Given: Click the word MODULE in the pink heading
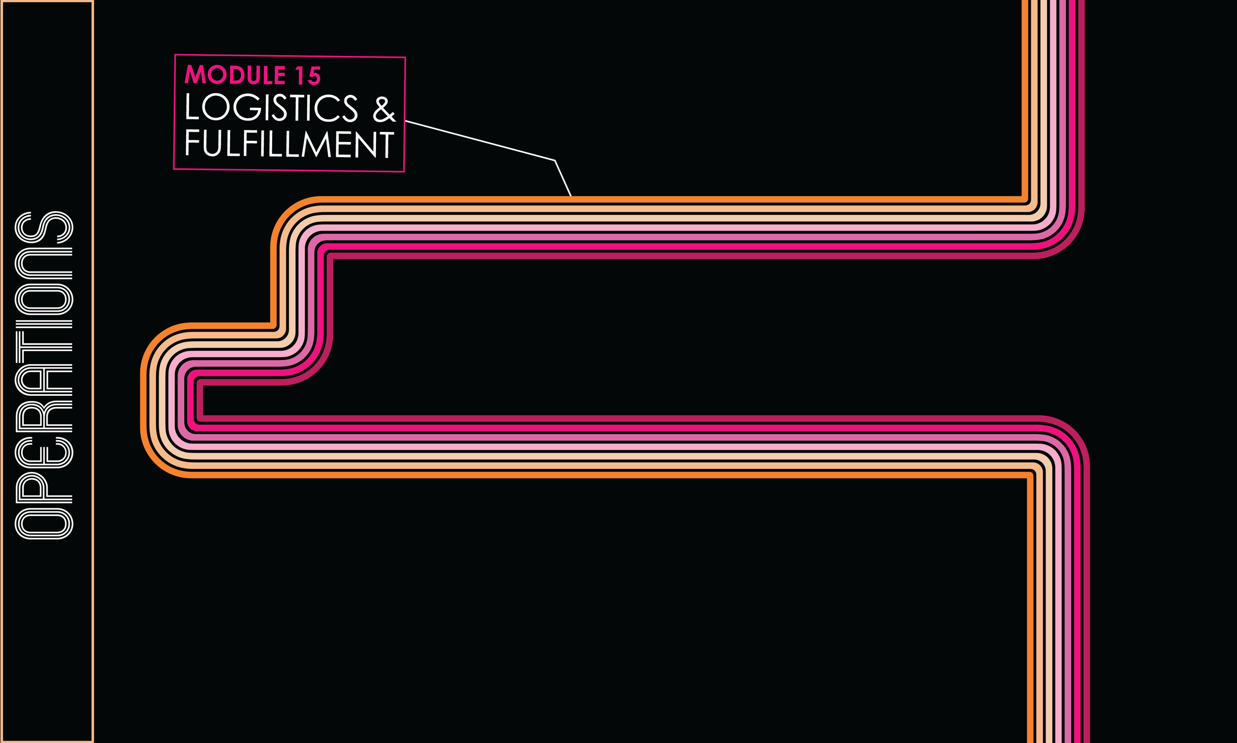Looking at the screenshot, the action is (x=235, y=75).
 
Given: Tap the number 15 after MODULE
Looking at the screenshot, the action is (x=307, y=76).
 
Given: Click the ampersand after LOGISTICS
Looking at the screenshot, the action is (x=384, y=110).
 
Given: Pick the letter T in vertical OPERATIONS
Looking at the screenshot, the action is (x=44, y=347).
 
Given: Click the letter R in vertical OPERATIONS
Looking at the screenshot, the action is (x=44, y=417).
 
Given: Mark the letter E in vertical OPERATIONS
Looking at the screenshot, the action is (x=44, y=453).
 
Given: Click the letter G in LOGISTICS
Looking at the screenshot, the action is (x=247, y=107).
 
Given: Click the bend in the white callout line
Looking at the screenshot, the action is (x=554, y=160).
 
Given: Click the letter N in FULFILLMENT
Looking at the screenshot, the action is (x=366, y=145).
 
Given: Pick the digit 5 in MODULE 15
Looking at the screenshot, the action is (x=314, y=76).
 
